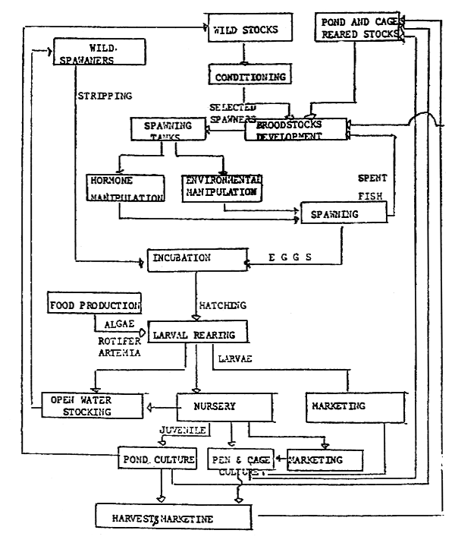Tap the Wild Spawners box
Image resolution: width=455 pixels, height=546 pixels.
tap(100, 54)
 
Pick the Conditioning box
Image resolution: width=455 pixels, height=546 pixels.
tap(246, 76)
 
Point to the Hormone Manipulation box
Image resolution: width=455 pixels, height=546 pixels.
tap(125, 189)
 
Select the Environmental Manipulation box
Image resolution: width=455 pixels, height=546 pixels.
tap(222, 187)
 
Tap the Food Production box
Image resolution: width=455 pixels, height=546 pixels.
tap(95, 305)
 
